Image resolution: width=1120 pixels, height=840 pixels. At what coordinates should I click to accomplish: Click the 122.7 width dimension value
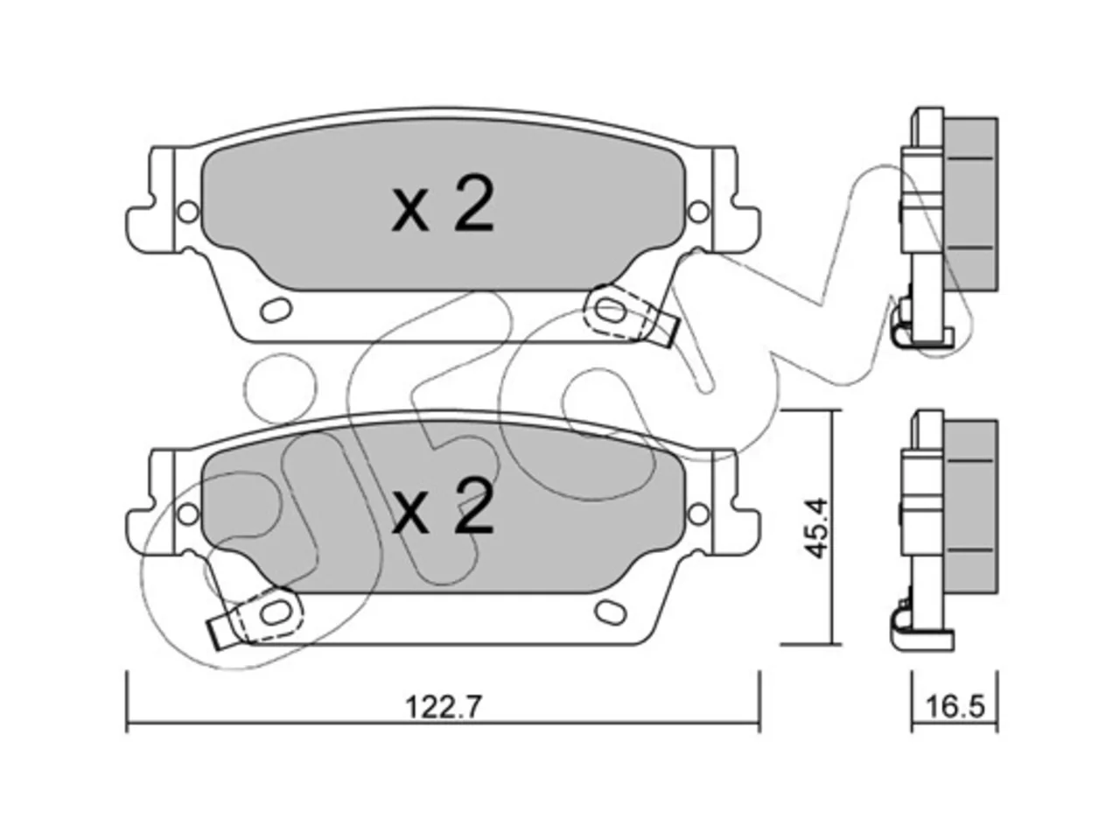pyautogui.click(x=443, y=707)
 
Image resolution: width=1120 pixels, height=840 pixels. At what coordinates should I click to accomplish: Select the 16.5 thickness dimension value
pyautogui.click(x=955, y=707)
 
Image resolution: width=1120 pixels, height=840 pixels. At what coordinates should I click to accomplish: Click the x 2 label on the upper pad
pyautogui.click(x=442, y=206)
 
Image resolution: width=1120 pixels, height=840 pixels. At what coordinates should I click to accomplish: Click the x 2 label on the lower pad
pyautogui.click(x=442, y=507)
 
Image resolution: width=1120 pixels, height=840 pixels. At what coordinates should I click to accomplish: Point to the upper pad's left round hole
pyautogui.click(x=189, y=212)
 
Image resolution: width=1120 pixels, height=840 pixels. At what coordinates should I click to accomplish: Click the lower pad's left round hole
pyautogui.click(x=189, y=513)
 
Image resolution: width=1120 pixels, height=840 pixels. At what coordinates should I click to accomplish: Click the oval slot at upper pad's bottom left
pyautogui.click(x=276, y=309)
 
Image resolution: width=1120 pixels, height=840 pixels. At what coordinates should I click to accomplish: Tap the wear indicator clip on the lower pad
pyautogui.click(x=255, y=616)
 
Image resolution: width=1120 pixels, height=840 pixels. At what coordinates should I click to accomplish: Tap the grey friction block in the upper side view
pyautogui.click(x=969, y=204)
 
